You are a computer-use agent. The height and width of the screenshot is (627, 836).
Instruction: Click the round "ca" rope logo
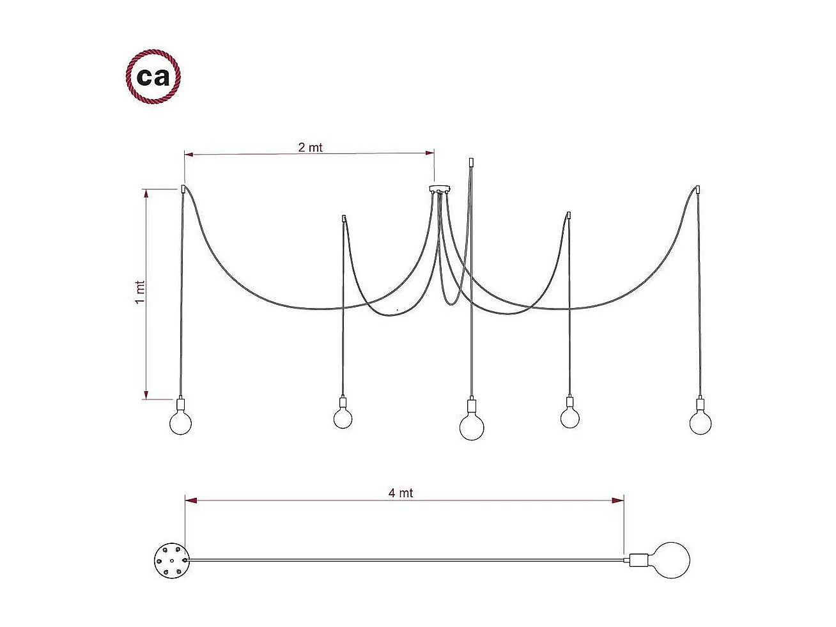point(153,77)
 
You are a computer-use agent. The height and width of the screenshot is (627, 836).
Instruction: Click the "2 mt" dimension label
point(311,148)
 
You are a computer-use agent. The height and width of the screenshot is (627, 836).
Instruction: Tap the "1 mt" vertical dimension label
point(141,292)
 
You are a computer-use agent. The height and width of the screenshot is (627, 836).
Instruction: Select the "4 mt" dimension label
point(401,493)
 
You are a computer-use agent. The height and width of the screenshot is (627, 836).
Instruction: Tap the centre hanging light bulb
point(472,427)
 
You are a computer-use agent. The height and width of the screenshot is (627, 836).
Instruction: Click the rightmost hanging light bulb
point(701,423)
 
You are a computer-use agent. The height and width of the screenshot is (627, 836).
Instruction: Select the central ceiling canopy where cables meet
point(440,189)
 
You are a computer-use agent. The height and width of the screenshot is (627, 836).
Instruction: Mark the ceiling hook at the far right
point(698,189)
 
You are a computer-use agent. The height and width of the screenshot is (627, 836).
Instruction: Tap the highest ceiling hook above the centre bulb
point(471,162)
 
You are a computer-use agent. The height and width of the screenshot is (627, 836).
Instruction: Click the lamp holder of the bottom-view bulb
point(638,561)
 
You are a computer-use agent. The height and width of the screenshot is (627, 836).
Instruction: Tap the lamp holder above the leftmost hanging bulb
point(182,405)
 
